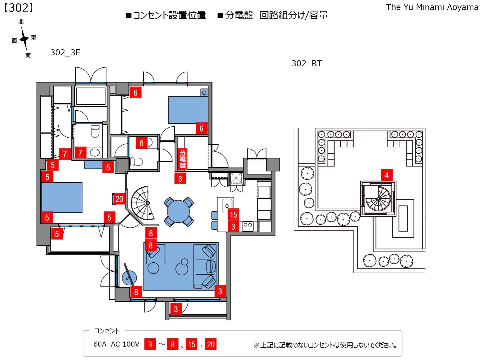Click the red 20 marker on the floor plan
pyautogui.click(x=119, y=199)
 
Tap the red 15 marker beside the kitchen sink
pyautogui.click(x=233, y=215)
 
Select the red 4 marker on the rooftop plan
pyautogui.click(x=387, y=175)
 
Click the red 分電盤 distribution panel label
pyautogui.click(x=182, y=159)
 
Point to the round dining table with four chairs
pyautogui.click(x=178, y=211)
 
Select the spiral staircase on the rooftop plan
pyautogui.click(x=378, y=199)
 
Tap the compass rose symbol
pyautogui.click(x=24, y=39)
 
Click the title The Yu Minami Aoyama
pyautogui.click(x=432, y=7)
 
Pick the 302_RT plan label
pyautogui.click(x=306, y=63)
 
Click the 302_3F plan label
pyautogui.click(x=65, y=52)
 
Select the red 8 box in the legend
pyautogui.click(x=172, y=344)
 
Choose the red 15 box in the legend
pyautogui.click(x=191, y=344)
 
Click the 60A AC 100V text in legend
pyautogui.click(x=116, y=344)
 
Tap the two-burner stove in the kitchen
pyautogui.click(x=248, y=225)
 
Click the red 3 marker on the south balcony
pyautogui.click(x=176, y=309)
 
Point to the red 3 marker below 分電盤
pyautogui.click(x=180, y=179)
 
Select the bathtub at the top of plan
pyautogui.click(x=91, y=96)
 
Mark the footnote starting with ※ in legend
pyautogui.click(x=325, y=345)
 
